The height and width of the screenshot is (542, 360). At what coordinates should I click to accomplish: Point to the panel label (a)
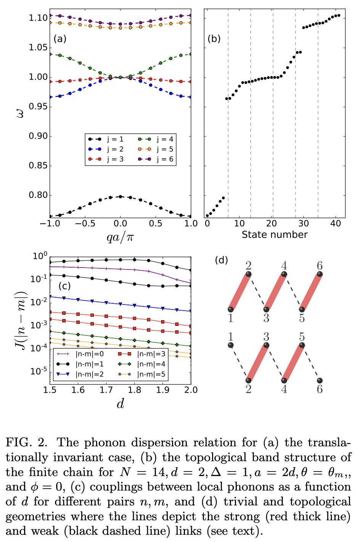pyautogui.click(x=60, y=39)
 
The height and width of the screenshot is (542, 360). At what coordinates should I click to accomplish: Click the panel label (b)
pyautogui.click(x=214, y=39)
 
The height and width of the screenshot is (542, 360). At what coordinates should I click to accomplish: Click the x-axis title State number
pyautogui.click(x=274, y=235)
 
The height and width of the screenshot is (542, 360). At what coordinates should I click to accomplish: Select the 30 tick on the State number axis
pyautogui.click(x=304, y=223)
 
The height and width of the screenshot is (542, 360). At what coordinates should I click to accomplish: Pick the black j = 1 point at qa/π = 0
pyautogui.click(x=121, y=197)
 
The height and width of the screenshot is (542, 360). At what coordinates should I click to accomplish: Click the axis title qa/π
pyautogui.click(x=120, y=237)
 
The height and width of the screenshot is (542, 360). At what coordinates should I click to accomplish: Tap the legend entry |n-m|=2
pyautogui.click(x=80, y=374)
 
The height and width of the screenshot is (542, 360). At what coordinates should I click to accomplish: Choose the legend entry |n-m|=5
pyautogui.click(x=142, y=374)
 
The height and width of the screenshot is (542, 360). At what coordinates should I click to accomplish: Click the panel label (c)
pyautogui.click(x=65, y=286)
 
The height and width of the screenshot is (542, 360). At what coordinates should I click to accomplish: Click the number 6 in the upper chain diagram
pyautogui.click(x=320, y=266)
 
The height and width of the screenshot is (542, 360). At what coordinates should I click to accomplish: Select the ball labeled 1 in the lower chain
pyautogui.click(x=230, y=345)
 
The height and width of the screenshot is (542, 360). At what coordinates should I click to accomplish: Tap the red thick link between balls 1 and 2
pyautogui.click(x=239, y=292)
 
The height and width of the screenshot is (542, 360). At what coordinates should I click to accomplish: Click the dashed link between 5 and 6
pyautogui.click(x=311, y=363)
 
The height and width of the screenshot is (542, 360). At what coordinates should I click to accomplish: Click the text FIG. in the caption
pyautogui.click(x=19, y=443)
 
